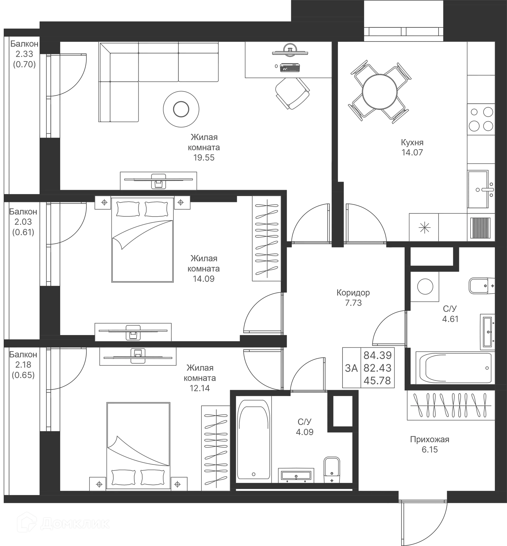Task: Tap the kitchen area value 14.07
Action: click(x=412, y=153)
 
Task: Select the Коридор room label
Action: click(x=353, y=293)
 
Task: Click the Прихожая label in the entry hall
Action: click(x=430, y=440)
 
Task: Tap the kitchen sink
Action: click(x=479, y=189)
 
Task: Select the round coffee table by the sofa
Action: click(x=181, y=109)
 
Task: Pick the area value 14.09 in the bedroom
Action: click(x=204, y=279)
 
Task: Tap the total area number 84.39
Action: click(x=378, y=355)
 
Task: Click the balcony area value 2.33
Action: click(x=24, y=54)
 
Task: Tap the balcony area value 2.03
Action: click(x=24, y=222)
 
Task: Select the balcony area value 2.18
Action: click(x=24, y=365)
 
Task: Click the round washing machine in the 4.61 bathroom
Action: click(x=425, y=286)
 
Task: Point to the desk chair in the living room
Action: click(x=292, y=93)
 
